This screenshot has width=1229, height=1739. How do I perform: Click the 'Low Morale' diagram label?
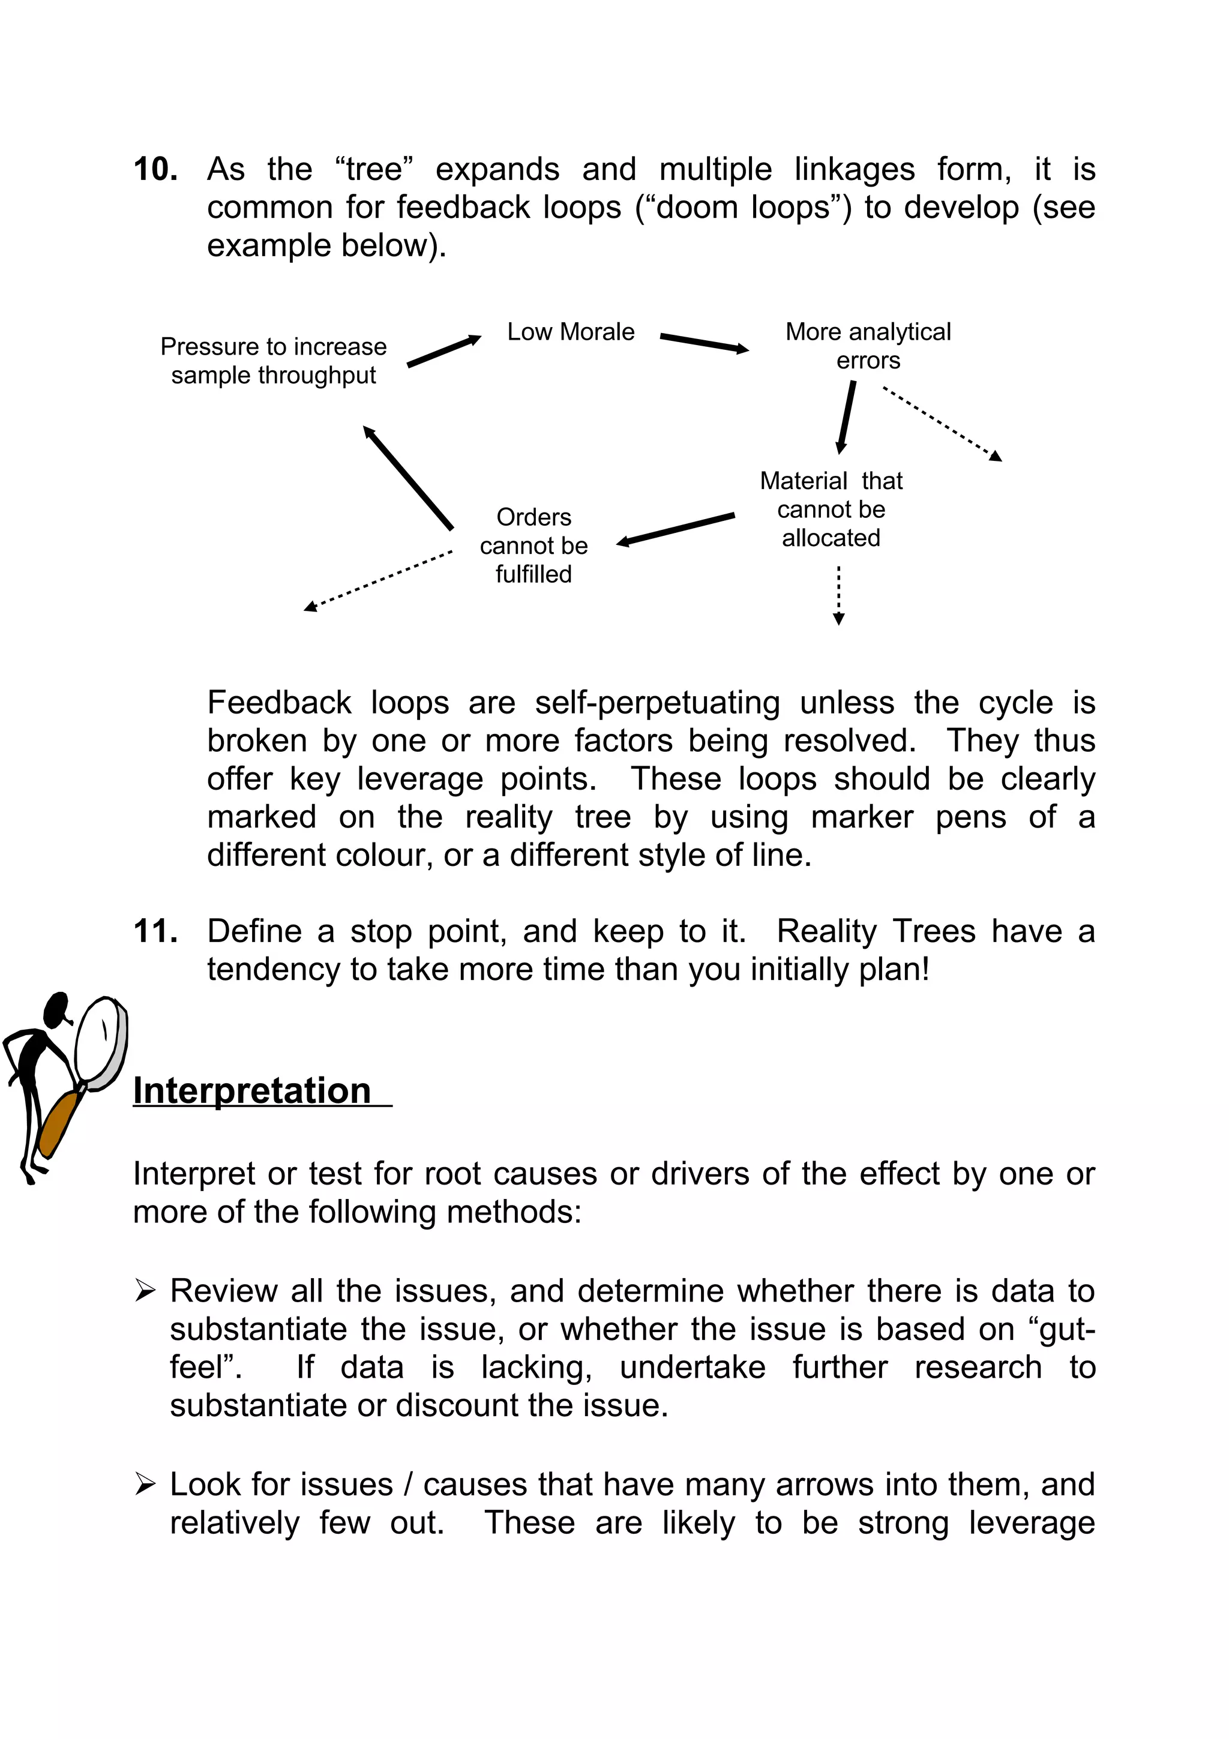click(x=570, y=332)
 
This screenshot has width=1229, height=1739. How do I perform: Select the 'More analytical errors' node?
click(x=868, y=346)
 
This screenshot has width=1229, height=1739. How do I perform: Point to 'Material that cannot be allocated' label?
click(x=831, y=509)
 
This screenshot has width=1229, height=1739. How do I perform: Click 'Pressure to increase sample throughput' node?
click(x=274, y=361)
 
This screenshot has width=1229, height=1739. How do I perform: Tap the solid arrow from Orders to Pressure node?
click(x=407, y=477)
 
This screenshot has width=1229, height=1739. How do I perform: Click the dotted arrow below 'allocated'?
click(x=838, y=595)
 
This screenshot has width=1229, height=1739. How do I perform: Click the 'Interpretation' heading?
click(x=252, y=1092)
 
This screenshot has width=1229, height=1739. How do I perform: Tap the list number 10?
click(x=155, y=169)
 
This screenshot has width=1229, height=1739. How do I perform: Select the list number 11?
click(x=155, y=931)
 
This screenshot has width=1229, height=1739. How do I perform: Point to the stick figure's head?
click(x=56, y=1009)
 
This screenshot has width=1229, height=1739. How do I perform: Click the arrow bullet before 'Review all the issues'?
click(x=145, y=1291)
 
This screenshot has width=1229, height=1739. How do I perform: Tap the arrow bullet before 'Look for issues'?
click(x=145, y=1485)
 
